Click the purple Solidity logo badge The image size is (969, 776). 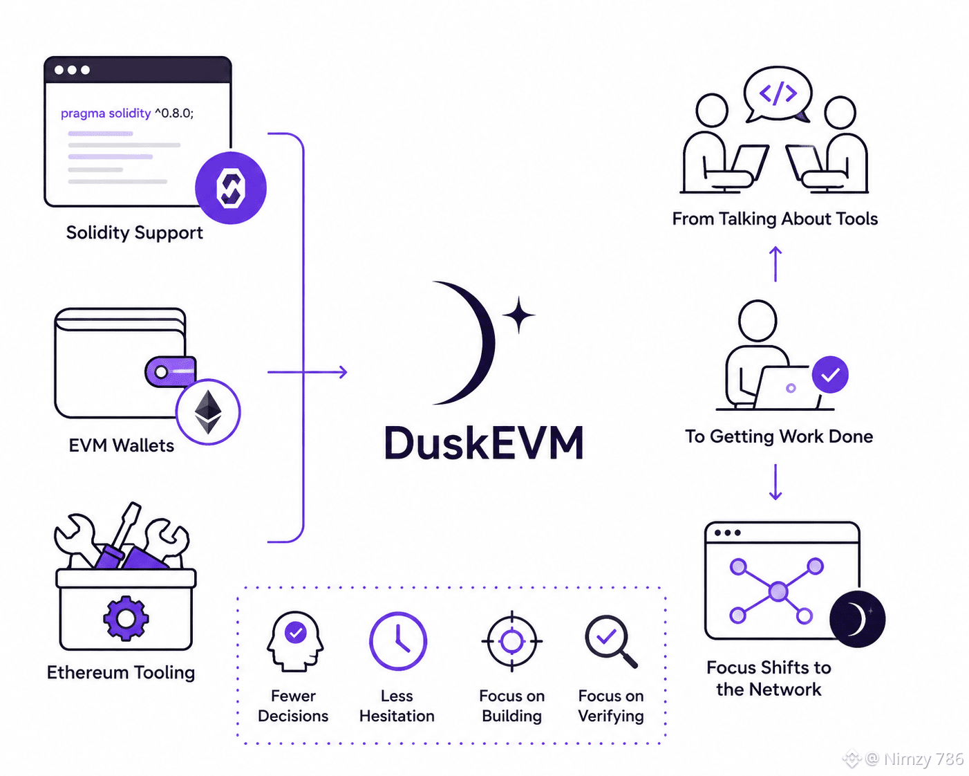(231, 187)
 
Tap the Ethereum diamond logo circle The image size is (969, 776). (208, 412)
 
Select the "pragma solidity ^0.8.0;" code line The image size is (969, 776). (127, 113)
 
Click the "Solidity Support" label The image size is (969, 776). (134, 233)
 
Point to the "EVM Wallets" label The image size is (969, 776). (121, 445)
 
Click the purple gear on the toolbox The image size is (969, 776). (126, 618)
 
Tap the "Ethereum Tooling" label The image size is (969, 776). (121, 672)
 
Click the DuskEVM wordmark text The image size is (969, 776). (484, 443)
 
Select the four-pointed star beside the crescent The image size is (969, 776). (519, 315)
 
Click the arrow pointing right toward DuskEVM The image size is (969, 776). (308, 372)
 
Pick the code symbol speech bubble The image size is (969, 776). (778, 95)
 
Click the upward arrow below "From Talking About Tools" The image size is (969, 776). (775, 264)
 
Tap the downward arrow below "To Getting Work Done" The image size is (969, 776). (775, 482)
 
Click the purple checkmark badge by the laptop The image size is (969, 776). (830, 374)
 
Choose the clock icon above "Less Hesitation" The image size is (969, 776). (398, 641)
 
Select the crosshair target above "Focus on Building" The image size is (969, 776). (512, 641)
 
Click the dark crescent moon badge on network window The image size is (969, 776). (857, 619)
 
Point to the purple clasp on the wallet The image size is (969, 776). (170, 372)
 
